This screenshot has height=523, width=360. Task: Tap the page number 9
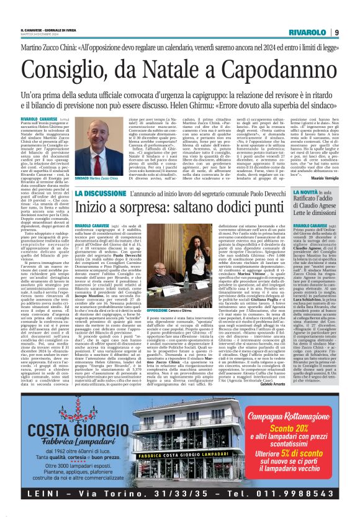[336, 32]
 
